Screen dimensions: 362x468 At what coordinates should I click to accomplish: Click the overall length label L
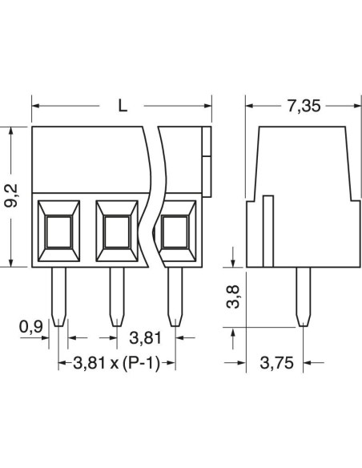pos(123,105)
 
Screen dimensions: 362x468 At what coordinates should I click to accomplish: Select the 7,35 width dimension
pos(304,106)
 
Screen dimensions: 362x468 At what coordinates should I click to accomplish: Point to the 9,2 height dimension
pos(11,196)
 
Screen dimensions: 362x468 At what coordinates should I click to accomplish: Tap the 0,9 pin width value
pos(31,326)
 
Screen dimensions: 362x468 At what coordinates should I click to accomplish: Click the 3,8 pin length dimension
pos(233,297)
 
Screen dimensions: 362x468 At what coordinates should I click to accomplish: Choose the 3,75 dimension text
pos(277,363)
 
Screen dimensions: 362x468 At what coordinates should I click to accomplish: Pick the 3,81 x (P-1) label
pos(117,363)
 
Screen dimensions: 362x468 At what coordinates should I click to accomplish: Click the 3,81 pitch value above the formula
pos(145,338)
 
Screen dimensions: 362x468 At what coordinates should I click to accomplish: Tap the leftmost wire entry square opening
pos(58,232)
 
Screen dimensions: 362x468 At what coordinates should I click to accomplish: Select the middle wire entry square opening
pos(117,232)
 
